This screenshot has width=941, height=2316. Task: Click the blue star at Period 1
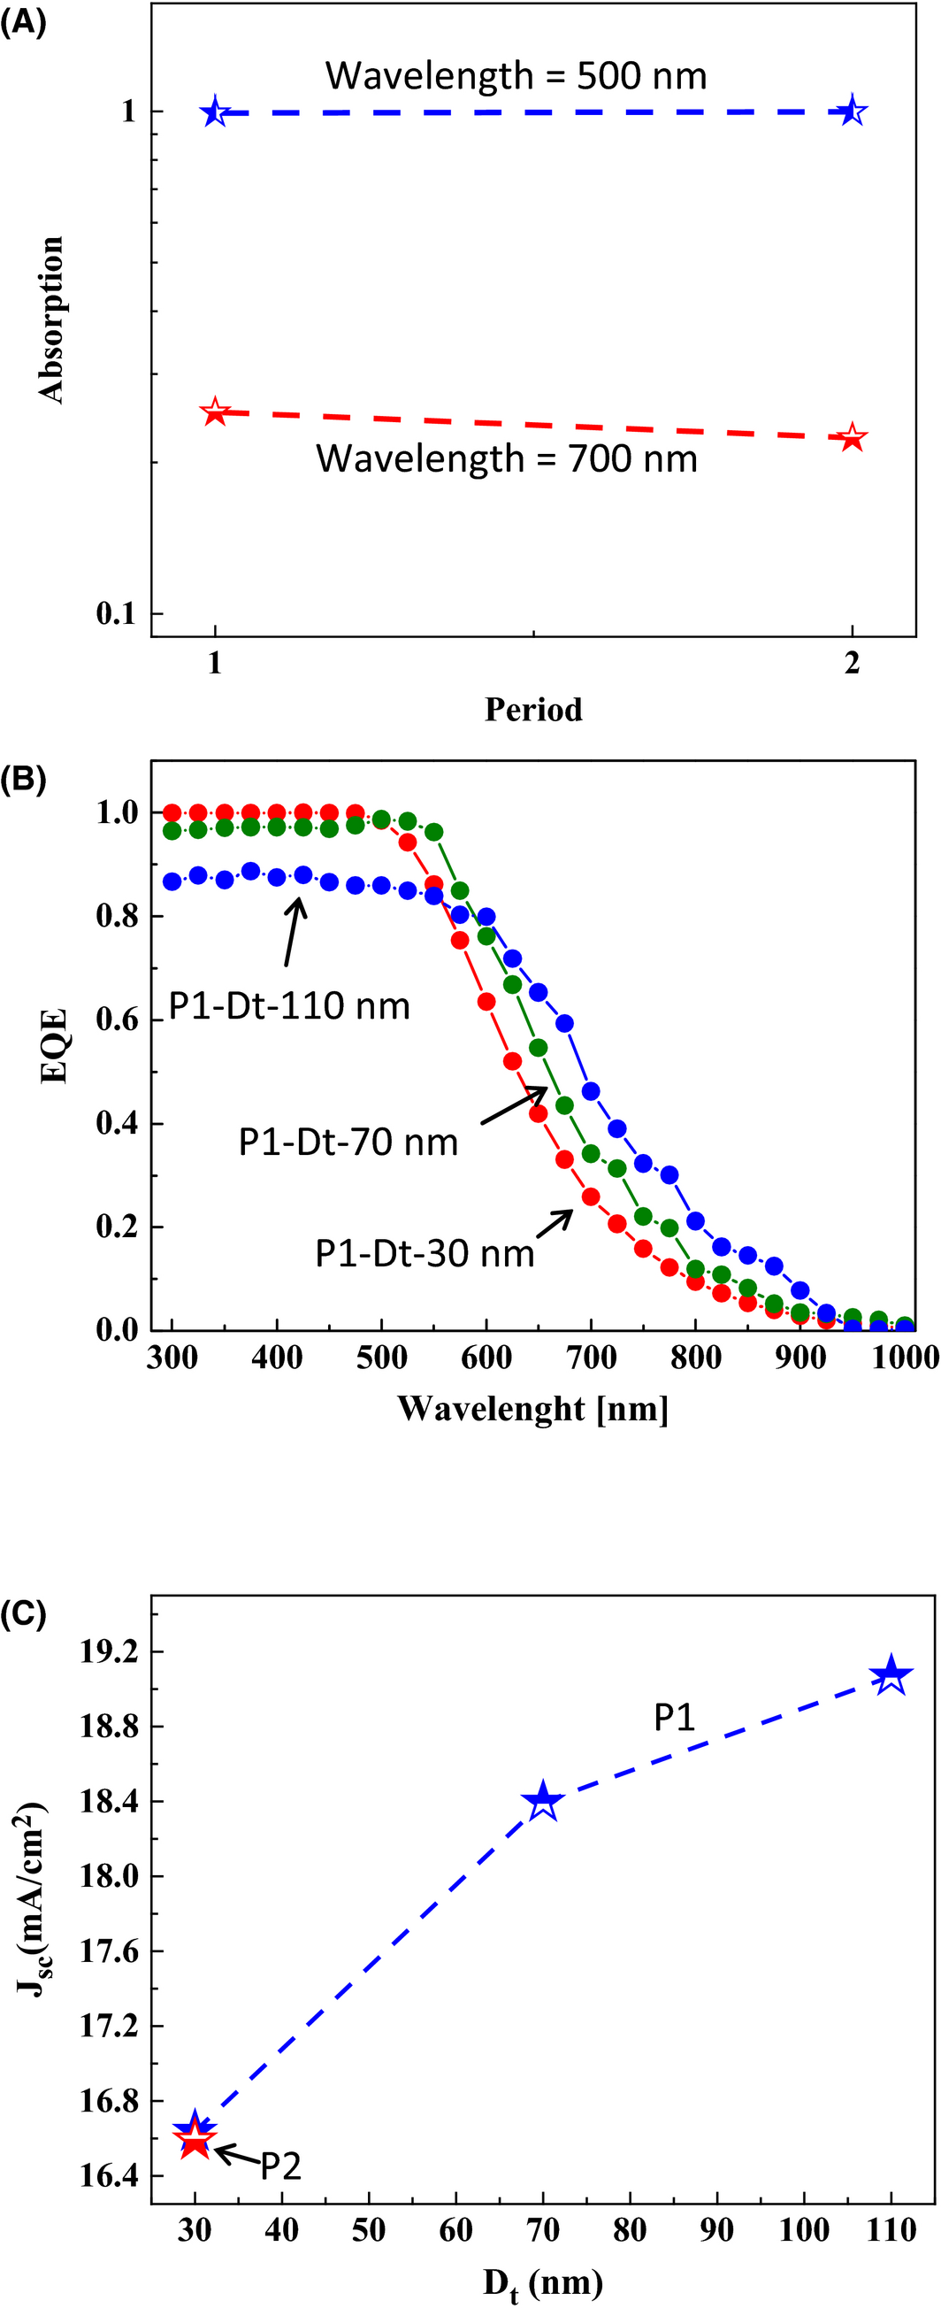(x=214, y=112)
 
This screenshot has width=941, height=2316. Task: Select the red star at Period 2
(x=852, y=438)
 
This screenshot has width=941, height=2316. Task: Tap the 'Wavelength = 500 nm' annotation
(x=516, y=75)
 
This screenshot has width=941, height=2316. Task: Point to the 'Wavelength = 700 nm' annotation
(x=506, y=458)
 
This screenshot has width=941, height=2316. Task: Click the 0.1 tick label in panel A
(x=116, y=613)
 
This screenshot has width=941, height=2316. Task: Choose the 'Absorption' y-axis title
(x=51, y=320)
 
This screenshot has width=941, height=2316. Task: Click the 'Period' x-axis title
(x=533, y=710)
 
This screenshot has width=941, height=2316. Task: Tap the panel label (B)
(x=23, y=778)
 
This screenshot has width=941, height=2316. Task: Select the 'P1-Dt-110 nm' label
(x=289, y=1006)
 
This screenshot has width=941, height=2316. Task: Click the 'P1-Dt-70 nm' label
(x=348, y=1142)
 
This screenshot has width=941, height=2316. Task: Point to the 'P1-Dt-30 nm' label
(x=425, y=1253)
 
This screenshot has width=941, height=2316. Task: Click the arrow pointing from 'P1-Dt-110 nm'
(x=293, y=933)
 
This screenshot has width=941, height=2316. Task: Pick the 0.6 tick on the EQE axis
(x=117, y=1020)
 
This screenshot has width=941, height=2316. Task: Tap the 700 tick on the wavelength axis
(x=591, y=1357)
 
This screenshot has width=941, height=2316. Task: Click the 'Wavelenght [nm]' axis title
(x=533, y=1408)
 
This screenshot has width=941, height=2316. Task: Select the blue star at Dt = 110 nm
(x=891, y=1675)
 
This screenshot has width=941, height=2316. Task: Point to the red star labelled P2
(x=195, y=2143)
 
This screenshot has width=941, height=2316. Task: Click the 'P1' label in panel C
(x=674, y=1718)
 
